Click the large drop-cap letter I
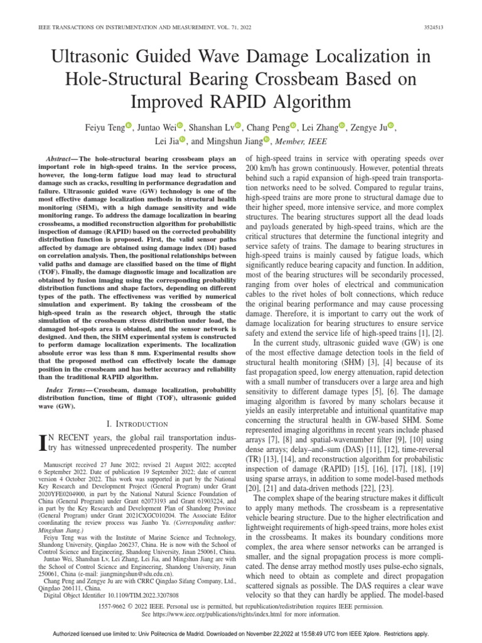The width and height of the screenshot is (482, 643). pos(43,445)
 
